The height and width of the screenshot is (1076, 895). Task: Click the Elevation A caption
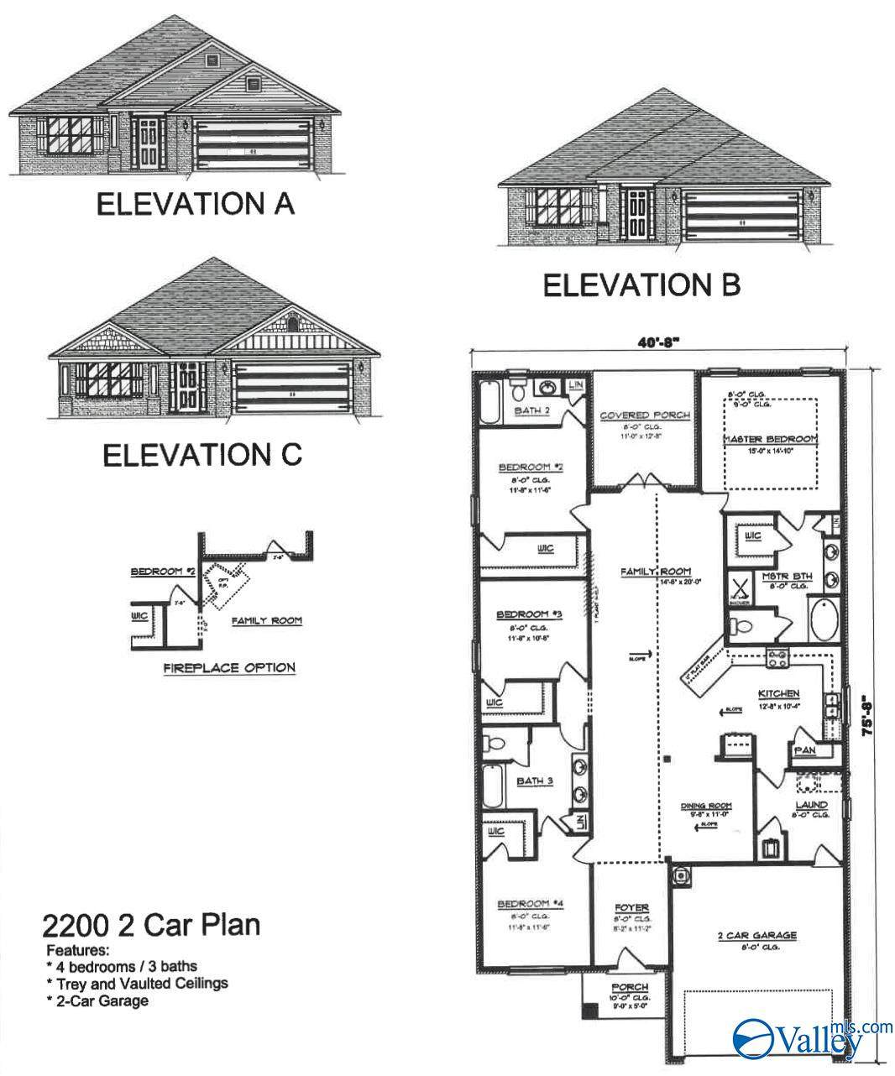coord(195,203)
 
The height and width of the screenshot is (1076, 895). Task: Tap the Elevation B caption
coord(641,285)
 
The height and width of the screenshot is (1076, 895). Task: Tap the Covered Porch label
coord(644,415)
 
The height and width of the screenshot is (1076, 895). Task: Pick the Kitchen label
coord(778,694)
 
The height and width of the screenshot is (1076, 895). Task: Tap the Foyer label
coord(631,908)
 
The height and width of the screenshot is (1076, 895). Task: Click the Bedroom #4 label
coord(531,904)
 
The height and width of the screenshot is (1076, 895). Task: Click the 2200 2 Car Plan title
coord(150,926)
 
